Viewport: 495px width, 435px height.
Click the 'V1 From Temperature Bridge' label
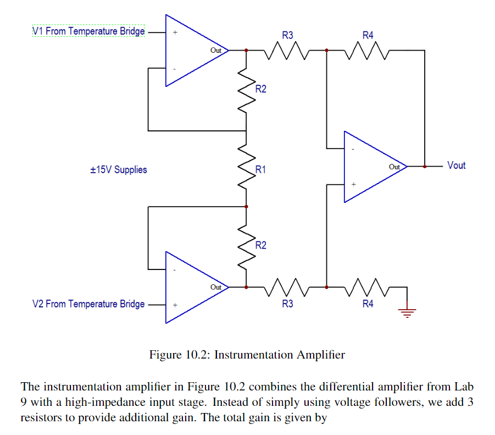pos(88,31)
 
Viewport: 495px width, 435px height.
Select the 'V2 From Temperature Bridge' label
pos(88,304)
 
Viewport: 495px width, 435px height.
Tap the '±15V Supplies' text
pos(119,169)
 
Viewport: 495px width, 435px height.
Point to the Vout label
pos(456,166)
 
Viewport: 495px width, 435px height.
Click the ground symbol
pos(407,313)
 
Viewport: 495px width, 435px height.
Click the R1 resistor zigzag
pos(246,168)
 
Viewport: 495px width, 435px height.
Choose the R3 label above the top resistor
pos(287,35)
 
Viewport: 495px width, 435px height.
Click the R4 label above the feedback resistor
pos(368,35)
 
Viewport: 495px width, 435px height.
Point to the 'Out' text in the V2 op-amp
pos(216,287)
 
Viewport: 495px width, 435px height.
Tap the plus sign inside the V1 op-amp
pos(175,32)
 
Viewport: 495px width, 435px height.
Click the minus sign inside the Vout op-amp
pos(353,148)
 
